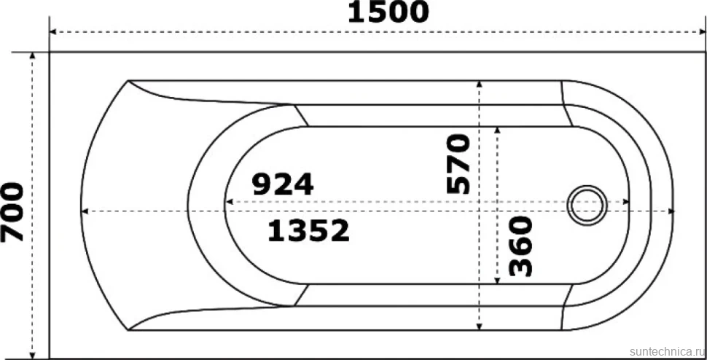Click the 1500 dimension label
388,12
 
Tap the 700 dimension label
12,212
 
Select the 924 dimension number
282,184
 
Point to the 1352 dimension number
308,230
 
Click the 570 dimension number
458,163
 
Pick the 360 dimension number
521,246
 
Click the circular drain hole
587,205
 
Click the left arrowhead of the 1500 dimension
52,32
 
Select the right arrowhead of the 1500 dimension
702,32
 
